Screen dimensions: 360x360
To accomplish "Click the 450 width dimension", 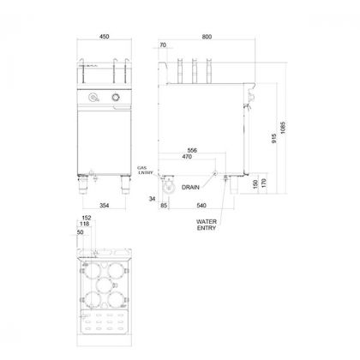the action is coord(105,37).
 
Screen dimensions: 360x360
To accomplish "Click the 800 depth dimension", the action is coord(207,37).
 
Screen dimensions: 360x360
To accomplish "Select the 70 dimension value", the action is coord(163,45).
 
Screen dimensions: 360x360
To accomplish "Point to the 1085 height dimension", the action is coord(283,128).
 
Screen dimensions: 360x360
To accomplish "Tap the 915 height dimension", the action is coord(274,138).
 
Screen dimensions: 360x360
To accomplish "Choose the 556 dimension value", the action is coord(192,150).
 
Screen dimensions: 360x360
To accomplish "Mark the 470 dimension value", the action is coord(187,157).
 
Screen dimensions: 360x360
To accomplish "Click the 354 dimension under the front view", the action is coord(105,205).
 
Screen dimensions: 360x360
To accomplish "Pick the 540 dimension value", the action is coord(201,205).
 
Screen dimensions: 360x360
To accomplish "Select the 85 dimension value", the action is coord(164,205).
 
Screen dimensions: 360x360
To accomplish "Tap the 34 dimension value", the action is coord(152,199).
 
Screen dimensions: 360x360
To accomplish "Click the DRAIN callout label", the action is coord(190,188).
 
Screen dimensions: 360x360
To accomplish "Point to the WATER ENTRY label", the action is coord(207,225).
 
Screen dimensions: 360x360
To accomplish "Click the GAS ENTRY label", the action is coord(145,171).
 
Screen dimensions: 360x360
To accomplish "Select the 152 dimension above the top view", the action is coord(87,218).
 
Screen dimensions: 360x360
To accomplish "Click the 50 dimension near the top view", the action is coord(81,232).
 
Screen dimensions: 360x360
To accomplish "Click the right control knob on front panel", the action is coord(116,98).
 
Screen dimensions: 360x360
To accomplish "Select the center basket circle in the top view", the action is coord(105,285).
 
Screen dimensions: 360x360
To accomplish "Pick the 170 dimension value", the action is coord(263,183).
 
